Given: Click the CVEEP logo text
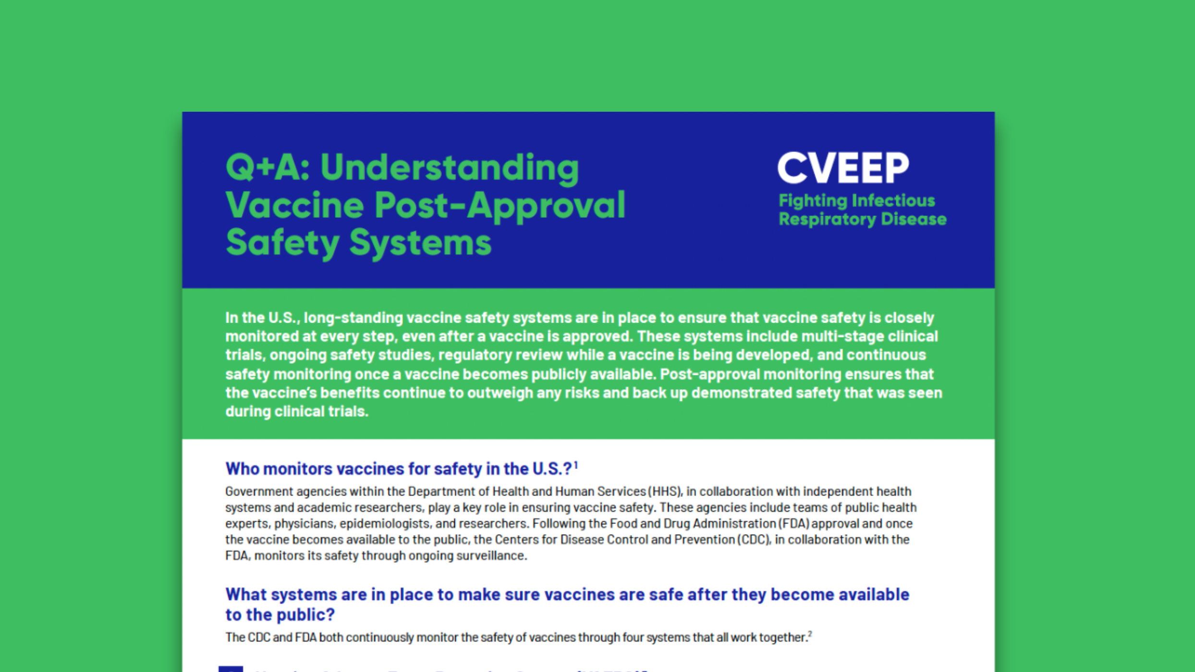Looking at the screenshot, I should point(843,168).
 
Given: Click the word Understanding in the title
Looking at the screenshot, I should point(450,168).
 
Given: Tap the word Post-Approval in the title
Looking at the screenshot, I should point(500,205).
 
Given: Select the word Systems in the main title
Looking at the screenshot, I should point(420,242).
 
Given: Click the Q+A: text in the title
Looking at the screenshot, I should point(268,168).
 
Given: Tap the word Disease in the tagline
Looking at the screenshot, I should point(914,219).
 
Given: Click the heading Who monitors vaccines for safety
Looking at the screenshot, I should point(399,468).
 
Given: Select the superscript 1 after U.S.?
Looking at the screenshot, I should point(576,465).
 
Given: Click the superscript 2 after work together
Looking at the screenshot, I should point(810,634).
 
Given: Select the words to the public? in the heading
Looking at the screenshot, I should point(280,614).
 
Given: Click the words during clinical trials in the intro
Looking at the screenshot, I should point(296,411).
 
